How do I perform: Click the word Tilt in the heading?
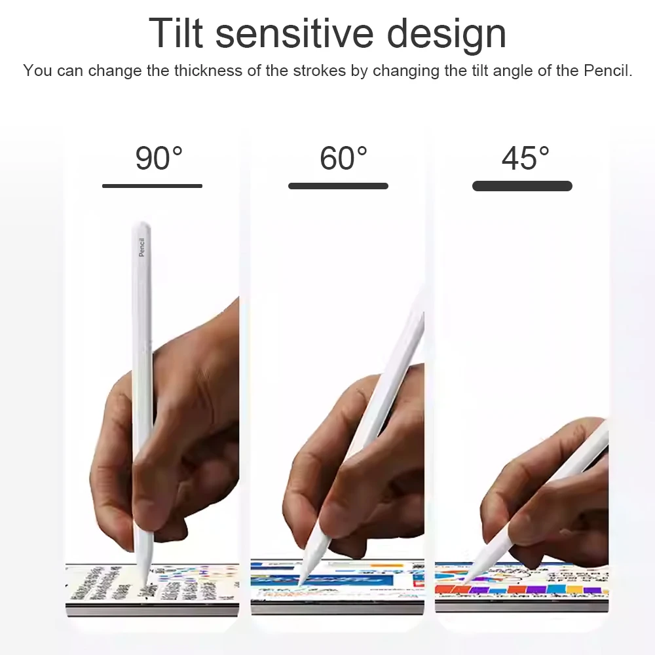click(175, 33)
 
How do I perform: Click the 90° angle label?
click(159, 159)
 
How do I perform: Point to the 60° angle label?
click(343, 159)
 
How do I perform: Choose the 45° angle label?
click(525, 159)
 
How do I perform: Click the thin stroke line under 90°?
click(152, 186)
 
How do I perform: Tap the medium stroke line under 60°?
click(338, 186)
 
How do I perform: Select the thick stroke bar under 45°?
click(522, 186)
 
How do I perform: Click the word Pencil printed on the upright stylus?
click(141, 247)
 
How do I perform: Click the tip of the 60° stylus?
click(301, 583)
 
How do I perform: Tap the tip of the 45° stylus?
click(464, 580)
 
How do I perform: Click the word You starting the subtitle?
click(37, 71)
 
